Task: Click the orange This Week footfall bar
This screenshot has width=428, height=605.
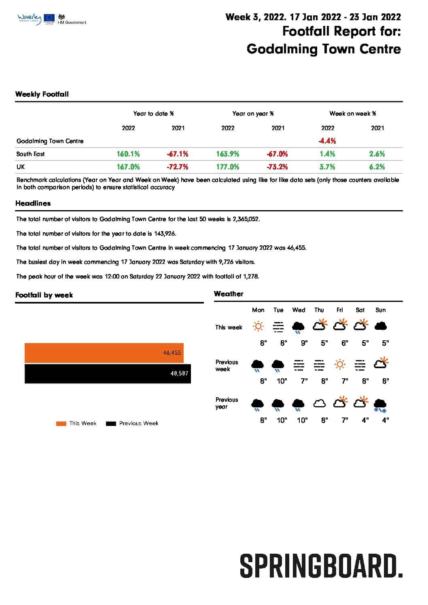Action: click(104, 353)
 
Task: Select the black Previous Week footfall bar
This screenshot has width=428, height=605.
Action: click(107, 374)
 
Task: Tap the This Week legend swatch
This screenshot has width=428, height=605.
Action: click(61, 424)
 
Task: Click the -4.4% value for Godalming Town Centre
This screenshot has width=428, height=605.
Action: click(327, 141)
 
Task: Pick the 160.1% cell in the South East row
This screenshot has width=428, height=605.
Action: click(128, 154)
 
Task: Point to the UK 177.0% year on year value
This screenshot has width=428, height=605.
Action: click(228, 167)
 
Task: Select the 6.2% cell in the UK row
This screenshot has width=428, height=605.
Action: click(377, 167)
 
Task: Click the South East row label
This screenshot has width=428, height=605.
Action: click(30, 154)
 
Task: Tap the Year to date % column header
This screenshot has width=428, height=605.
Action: click(153, 114)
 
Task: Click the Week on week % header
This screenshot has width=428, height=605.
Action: click(352, 114)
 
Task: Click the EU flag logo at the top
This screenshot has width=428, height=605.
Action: click(50, 18)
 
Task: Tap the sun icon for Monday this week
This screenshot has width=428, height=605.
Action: click(258, 326)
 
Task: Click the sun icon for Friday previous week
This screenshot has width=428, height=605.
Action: click(340, 365)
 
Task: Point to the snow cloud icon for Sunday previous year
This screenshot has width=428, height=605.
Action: click(380, 405)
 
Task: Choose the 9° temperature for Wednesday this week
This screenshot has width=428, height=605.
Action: click(304, 343)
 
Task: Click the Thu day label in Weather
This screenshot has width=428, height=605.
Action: click(319, 310)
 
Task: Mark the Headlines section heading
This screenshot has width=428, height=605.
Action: click(33, 203)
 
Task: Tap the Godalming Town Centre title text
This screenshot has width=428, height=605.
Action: click(324, 49)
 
